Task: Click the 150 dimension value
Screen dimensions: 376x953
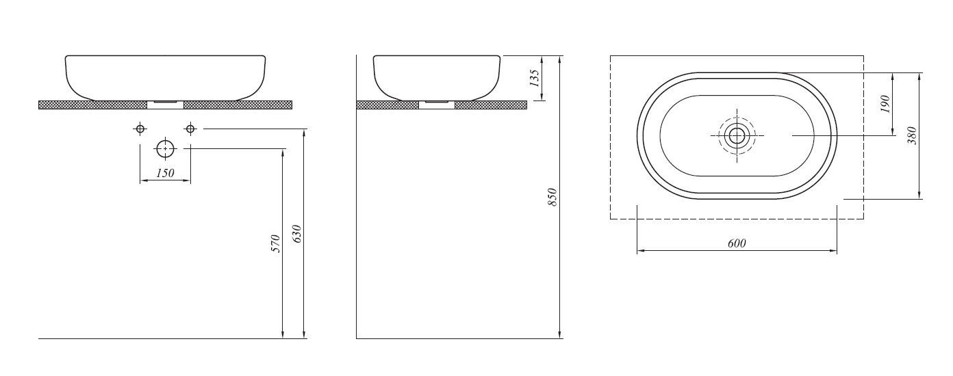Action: [x=165, y=174]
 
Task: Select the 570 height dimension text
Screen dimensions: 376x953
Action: [x=276, y=243]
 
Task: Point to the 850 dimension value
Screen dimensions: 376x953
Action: [x=553, y=197]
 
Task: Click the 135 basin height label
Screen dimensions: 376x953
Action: [x=535, y=76]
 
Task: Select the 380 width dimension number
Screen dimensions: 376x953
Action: [x=912, y=136]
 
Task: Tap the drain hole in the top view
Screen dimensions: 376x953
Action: [x=737, y=136]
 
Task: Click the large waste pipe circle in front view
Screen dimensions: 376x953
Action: [x=165, y=148]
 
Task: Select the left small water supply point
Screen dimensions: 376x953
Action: [x=140, y=129]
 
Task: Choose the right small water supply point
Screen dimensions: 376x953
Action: [x=190, y=129]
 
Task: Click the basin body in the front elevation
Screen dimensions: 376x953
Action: [x=165, y=75]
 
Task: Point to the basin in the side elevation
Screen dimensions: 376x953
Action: [x=436, y=75]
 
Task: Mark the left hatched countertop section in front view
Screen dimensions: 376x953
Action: [x=92, y=105]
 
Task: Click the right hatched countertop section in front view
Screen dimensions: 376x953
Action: [x=238, y=105]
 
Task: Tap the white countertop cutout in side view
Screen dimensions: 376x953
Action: [x=436, y=105]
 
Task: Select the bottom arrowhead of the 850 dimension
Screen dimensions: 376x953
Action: [x=560, y=334]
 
